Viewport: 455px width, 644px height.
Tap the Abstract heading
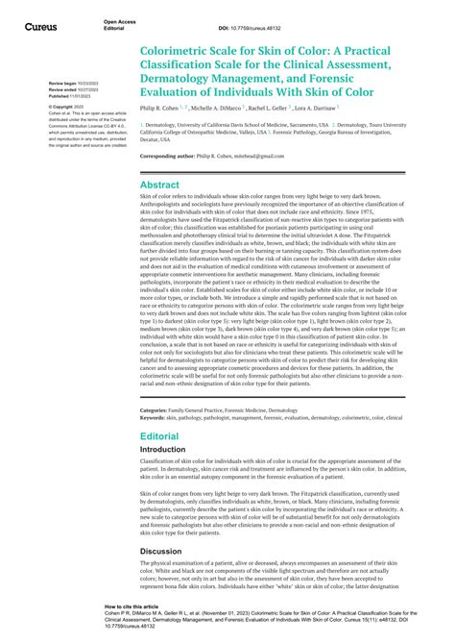[x=160, y=184]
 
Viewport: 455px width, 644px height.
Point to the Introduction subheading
[x=165, y=449]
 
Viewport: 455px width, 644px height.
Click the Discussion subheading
[x=162, y=551]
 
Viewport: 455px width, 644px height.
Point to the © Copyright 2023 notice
[x=66, y=106]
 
